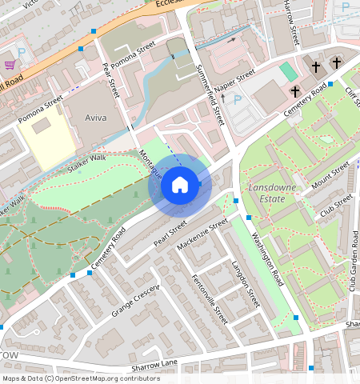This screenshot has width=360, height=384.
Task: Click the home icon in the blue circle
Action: tap(180, 186)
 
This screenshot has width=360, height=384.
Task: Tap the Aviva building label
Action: tap(95, 118)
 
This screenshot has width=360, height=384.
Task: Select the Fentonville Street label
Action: tap(210, 298)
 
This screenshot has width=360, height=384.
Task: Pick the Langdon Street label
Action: tap(246, 283)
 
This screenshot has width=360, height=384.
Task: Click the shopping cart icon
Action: tap(10, 65)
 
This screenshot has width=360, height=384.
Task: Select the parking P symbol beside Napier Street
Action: tap(237, 100)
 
